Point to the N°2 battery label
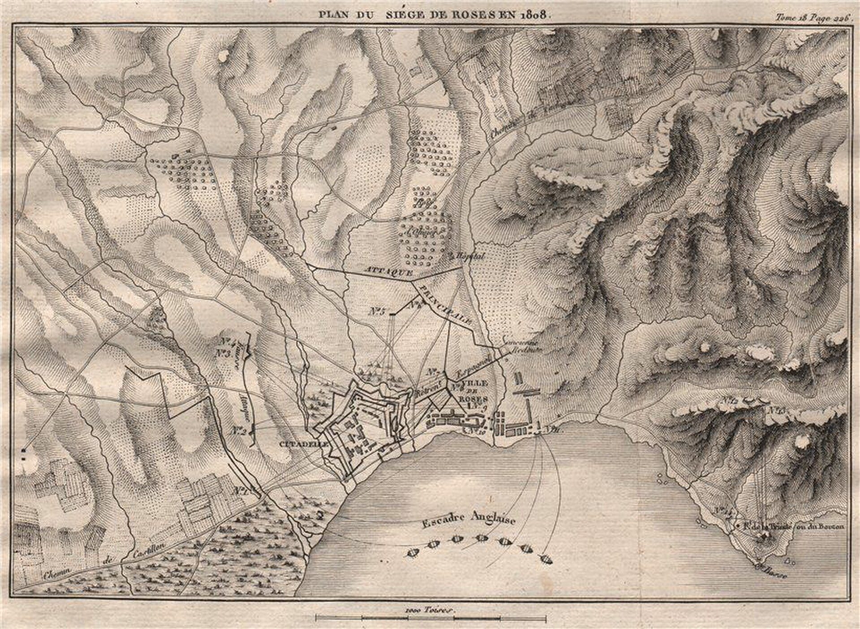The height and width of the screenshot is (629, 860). pyautogui.click(x=240, y=431)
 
